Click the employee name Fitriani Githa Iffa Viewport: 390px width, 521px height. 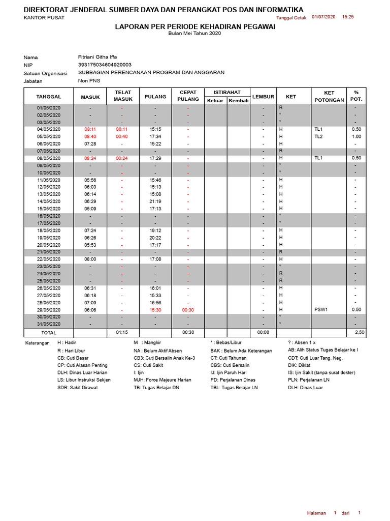[97, 57]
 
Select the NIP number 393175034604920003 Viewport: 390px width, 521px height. [105, 65]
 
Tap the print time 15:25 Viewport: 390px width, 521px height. [348, 17]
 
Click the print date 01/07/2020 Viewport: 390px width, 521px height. [323, 17]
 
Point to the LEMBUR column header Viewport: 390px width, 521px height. [263, 96]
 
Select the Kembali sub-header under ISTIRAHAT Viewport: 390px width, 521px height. [239, 101]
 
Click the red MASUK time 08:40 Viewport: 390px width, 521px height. [90, 136]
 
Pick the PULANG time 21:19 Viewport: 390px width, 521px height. [155, 201]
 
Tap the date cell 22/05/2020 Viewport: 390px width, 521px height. [49, 259]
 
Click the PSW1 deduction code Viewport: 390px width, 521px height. [321, 310]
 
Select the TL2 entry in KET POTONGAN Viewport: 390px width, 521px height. [318, 136]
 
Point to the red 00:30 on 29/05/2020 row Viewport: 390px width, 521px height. [188, 310]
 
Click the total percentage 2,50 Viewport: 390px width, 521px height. [359, 332]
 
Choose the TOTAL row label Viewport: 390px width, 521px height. [49, 332]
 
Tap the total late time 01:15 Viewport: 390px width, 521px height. [122, 332]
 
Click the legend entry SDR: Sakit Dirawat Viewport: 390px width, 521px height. [77, 387]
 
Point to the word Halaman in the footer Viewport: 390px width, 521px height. [316, 513]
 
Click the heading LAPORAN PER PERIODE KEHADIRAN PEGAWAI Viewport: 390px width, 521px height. [195, 26]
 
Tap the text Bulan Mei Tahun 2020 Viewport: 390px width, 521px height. [195, 34]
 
